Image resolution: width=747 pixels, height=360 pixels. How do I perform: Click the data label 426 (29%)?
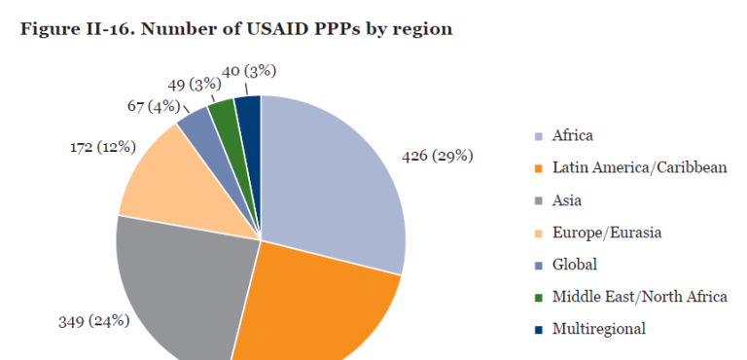[x=439, y=156]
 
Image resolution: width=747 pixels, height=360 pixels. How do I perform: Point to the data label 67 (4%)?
[x=153, y=105]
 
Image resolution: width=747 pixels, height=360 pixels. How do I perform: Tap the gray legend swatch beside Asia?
[x=538, y=200]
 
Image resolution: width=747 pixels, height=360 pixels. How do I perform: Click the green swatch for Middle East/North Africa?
[x=538, y=298]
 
